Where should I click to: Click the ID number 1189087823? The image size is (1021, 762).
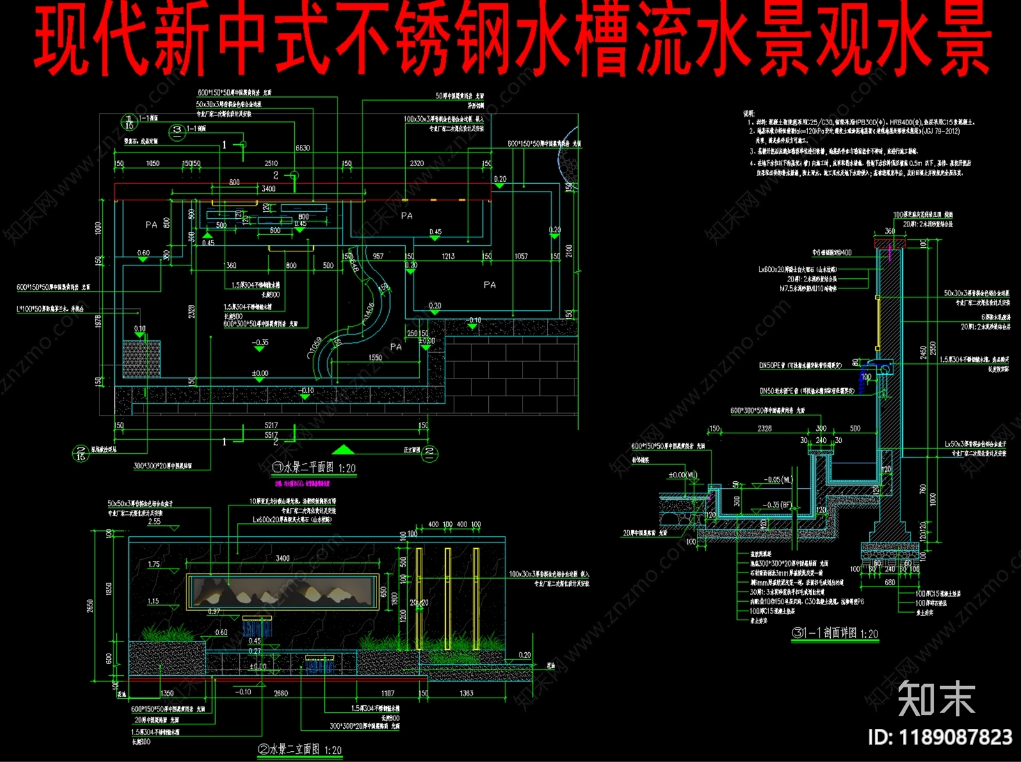coord(940,737)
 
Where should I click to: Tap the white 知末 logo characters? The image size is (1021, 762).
coord(936,699)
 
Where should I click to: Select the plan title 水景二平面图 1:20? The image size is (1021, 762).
coord(314,468)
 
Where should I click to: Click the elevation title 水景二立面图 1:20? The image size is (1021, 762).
coord(299,750)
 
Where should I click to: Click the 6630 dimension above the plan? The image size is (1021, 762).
coord(302,148)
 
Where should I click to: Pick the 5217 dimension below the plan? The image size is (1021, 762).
coord(271,425)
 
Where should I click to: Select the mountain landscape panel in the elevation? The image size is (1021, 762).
coord(282,592)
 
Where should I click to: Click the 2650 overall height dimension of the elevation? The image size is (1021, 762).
coord(90,605)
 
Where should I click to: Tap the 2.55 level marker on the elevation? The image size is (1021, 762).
coord(154,521)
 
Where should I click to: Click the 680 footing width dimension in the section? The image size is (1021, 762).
coord(890,582)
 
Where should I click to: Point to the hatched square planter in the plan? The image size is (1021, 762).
coord(141,359)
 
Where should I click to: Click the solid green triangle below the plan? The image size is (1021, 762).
coord(343,449)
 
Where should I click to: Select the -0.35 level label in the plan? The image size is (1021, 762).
coord(260,342)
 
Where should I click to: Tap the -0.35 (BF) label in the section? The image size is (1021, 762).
coord(777,505)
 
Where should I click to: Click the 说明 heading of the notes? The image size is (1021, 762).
coord(749,114)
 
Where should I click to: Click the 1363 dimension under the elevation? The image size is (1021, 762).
coord(466,693)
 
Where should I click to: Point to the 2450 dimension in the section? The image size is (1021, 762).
coord(923,353)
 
